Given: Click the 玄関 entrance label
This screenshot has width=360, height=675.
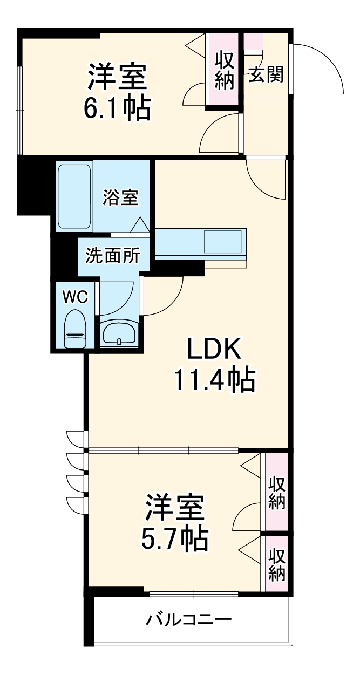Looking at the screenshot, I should tap(266, 75).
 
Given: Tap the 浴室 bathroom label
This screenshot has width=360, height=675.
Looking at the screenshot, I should tap(121, 197).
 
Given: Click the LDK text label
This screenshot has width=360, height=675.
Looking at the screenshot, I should tap(214, 351).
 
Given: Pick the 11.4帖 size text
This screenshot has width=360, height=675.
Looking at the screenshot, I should tap(214, 380).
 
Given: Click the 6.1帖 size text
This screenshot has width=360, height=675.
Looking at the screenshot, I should tap(117, 107).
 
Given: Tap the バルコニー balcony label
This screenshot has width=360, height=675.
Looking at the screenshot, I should tap(189, 619).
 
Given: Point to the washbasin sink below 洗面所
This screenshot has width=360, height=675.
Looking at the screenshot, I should tap(120, 332).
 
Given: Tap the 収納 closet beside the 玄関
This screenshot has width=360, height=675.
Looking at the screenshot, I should tap(223, 70).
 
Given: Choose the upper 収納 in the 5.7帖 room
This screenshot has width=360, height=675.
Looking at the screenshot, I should tap(277, 492).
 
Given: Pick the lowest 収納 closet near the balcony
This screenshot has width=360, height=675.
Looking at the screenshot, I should tap(277, 564).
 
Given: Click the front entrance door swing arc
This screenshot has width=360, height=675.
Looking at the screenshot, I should tap(318, 67).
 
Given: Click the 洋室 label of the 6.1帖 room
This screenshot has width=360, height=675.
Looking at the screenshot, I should tap(117, 77).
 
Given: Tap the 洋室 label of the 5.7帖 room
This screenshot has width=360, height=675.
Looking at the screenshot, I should tap(174, 506).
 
